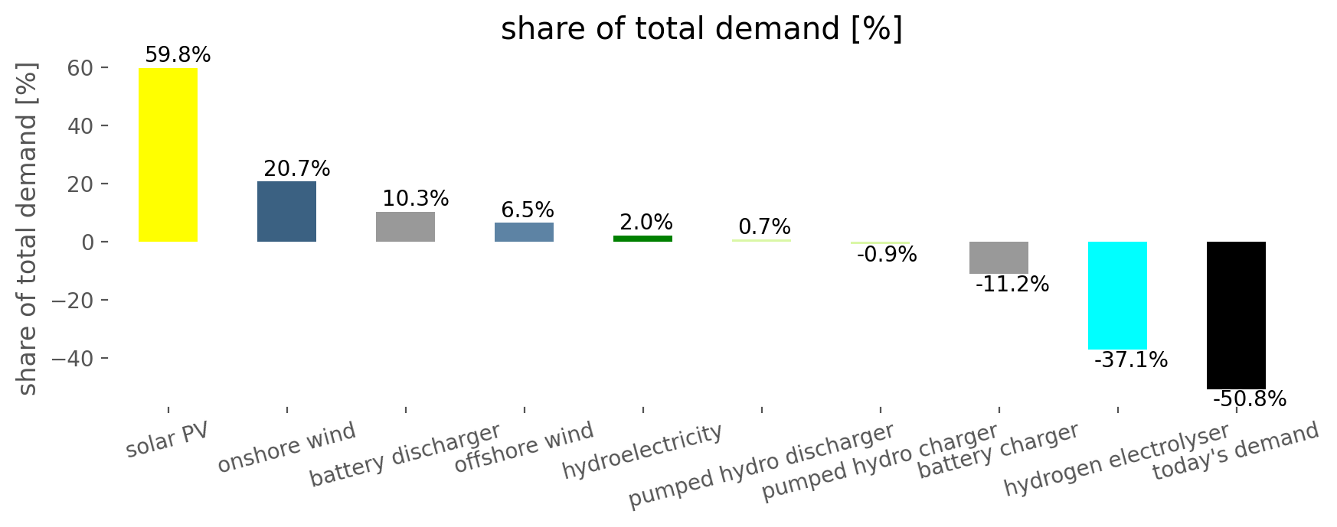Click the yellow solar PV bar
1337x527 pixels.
pyautogui.click(x=168, y=155)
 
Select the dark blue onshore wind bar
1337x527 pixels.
pyautogui.click(x=286, y=211)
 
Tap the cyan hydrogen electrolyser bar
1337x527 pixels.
pyautogui.click(x=1117, y=295)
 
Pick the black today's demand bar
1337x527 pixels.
pyautogui.click(x=1236, y=315)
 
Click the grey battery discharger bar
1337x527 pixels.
pyautogui.click(x=405, y=226)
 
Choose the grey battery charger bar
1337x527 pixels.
pyautogui.click(x=999, y=258)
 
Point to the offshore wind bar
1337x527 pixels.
pyautogui.click(x=524, y=232)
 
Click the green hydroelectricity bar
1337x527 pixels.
pyautogui.click(x=642, y=239)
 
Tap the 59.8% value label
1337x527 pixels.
pyautogui.click(x=178, y=55)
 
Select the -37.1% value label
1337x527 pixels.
pyautogui.click(x=1131, y=359)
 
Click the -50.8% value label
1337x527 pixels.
pyautogui.click(x=1250, y=399)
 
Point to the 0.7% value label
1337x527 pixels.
pyautogui.click(x=764, y=227)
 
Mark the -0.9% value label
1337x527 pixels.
pyautogui.click(x=887, y=255)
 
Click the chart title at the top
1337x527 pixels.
pyautogui.click(x=701, y=29)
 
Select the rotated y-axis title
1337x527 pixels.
pyautogui.click(x=28, y=229)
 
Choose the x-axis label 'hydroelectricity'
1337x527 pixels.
pyautogui.click(x=642, y=451)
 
